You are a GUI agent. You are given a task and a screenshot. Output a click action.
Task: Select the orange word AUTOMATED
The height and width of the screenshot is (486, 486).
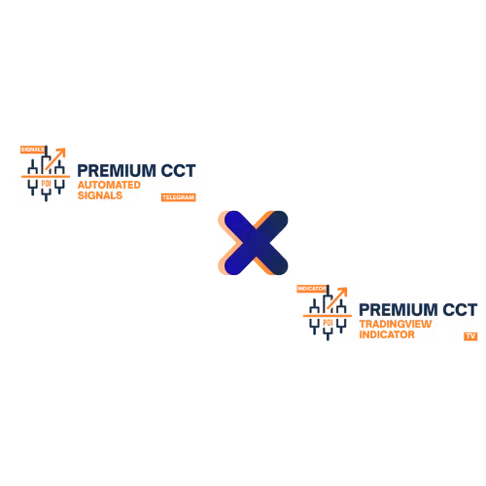(108, 183)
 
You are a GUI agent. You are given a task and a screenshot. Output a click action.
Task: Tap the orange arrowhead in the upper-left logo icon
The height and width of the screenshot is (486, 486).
(61, 151)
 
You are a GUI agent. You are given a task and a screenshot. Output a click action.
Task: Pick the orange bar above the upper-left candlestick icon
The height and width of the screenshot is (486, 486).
(31, 149)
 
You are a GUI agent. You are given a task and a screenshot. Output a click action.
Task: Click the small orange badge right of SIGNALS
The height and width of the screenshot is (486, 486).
(178, 196)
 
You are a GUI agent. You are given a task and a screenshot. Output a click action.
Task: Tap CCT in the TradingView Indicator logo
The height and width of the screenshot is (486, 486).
(459, 309)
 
